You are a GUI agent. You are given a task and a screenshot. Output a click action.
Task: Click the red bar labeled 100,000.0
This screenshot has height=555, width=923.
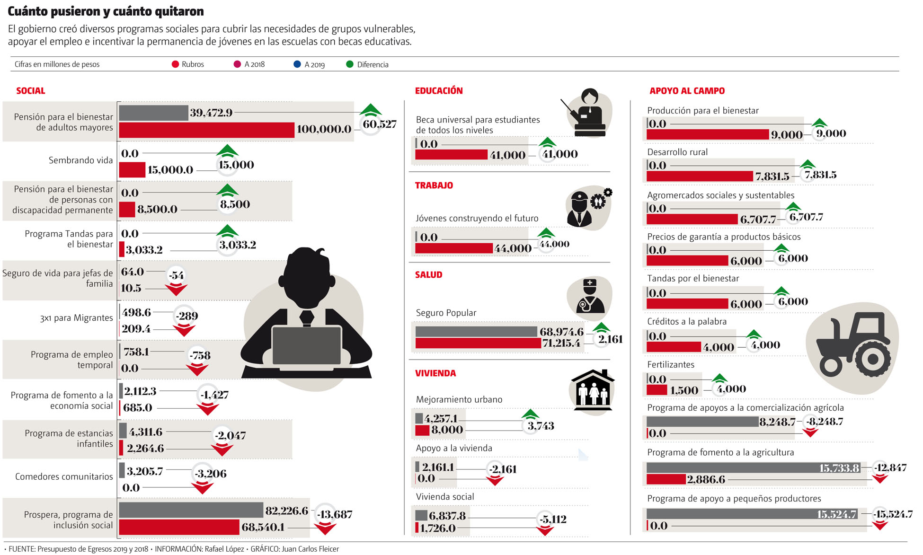(x=206, y=130)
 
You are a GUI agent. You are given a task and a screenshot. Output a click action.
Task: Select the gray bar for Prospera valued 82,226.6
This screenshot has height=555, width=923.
(x=191, y=510)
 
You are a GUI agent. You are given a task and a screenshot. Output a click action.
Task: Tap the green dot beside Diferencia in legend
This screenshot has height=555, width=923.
(x=350, y=64)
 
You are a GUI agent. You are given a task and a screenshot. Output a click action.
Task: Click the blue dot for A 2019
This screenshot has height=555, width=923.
(x=297, y=64)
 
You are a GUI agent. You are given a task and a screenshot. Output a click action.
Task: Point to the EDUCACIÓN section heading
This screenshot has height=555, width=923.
(x=438, y=91)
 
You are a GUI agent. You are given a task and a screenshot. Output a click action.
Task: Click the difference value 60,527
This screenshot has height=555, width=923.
(x=379, y=124)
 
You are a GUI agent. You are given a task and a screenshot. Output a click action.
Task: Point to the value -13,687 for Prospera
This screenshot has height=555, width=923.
(x=335, y=514)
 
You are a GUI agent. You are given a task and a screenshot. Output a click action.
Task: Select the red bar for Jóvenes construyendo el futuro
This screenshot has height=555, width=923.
(x=453, y=248)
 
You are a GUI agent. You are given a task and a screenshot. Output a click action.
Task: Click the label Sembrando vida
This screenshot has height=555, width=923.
(x=80, y=160)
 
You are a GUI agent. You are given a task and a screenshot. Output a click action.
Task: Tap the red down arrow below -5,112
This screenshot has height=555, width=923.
(x=545, y=530)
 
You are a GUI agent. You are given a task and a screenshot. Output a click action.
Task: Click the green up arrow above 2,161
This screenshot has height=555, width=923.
(x=601, y=327)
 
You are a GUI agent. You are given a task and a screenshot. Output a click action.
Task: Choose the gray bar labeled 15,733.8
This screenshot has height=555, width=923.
(x=755, y=468)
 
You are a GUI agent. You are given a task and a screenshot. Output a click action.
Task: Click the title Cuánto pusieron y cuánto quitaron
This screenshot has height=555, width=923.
(x=106, y=11)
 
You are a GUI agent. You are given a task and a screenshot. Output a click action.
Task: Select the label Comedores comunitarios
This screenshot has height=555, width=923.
(x=64, y=476)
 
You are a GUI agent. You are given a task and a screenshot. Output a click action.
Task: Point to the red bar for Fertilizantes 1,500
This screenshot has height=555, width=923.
(x=657, y=390)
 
